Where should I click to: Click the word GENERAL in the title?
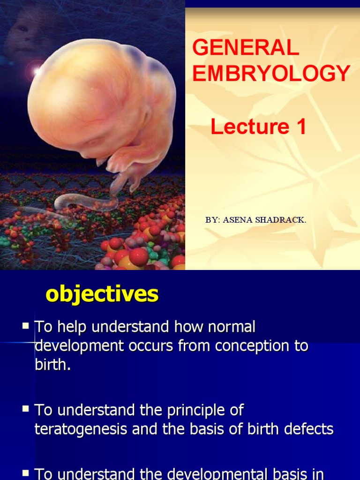[246, 48]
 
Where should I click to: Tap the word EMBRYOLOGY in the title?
[271, 74]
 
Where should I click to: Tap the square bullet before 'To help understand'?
[26, 325]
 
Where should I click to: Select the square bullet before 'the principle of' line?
[26, 409]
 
